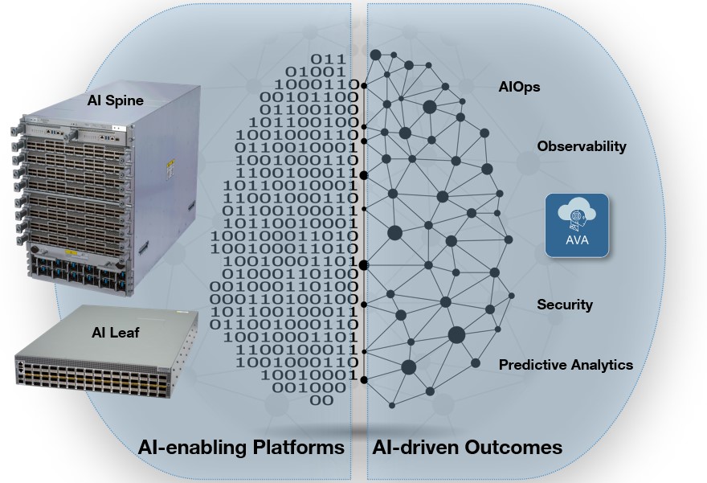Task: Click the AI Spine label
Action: pos(116,101)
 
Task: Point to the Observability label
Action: pos(582,146)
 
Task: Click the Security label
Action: pos(565,305)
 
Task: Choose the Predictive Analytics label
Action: pos(566,365)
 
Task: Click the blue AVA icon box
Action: pos(576,224)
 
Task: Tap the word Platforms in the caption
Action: pos(288,447)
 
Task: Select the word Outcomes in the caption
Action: pos(513,447)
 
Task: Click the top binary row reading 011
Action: pos(329,59)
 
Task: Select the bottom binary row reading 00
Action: pos(322,399)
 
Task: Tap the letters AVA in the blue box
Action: pos(576,240)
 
